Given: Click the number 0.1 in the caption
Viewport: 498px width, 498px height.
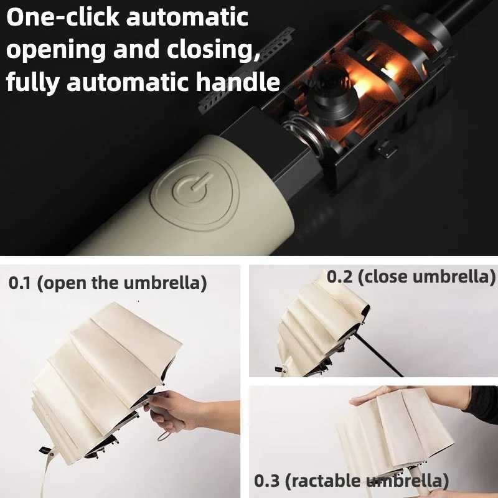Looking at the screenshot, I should pyautogui.click(x=21, y=283).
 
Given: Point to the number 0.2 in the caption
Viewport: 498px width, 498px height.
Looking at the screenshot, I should pyautogui.click(x=340, y=276).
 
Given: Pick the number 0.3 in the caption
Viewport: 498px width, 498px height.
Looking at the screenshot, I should pyautogui.click(x=266, y=481).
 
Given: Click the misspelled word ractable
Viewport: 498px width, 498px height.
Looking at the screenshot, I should pyautogui.click(x=326, y=481).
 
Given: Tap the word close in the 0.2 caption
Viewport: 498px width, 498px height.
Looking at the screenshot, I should pyautogui.click(x=385, y=276).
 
